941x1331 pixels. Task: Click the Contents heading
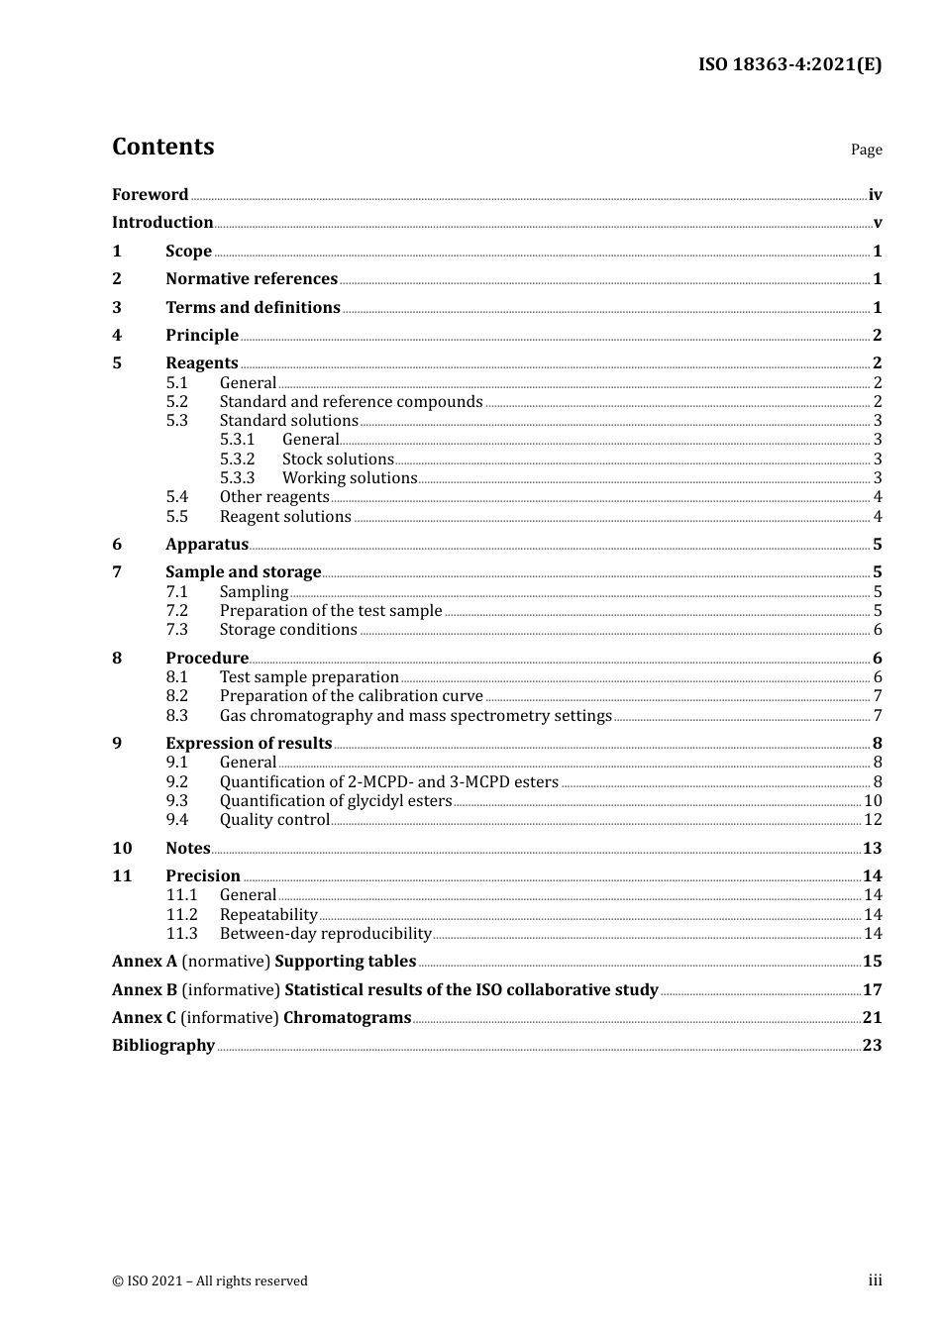coord(162,147)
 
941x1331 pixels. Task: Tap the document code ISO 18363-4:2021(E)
coord(789,64)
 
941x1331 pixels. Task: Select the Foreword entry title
coord(150,194)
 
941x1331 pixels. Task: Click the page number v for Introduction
coord(877,223)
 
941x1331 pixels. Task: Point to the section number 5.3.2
coord(237,459)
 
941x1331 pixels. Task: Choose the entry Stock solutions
coord(338,459)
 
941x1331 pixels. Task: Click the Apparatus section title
coord(206,544)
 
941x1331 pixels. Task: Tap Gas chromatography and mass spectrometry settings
coord(415,715)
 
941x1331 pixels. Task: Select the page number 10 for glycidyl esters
coord(873,800)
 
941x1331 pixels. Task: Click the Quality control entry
coord(273,819)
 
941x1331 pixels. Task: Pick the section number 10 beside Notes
coord(122,848)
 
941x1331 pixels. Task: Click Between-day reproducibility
coord(325,933)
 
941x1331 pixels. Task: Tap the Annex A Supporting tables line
coord(263,961)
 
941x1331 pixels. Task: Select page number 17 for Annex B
coord(872,989)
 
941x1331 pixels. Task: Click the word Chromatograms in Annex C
coord(347,1017)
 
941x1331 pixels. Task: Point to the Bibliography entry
coord(163,1045)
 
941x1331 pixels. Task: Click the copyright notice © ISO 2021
coord(209,1280)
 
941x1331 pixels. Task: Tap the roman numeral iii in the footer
coord(875,1280)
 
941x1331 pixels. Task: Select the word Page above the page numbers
coord(866,150)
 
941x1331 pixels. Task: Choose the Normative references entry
coord(251,278)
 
